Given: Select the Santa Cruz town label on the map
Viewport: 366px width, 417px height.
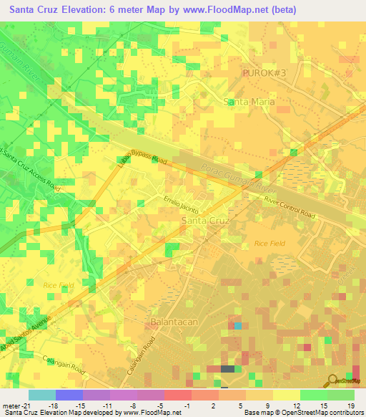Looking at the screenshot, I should [x=206, y=221].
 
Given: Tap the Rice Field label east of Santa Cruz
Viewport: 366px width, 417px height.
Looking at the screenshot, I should [x=269, y=244].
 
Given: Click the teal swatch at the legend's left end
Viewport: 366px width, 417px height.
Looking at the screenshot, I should [x=41, y=395].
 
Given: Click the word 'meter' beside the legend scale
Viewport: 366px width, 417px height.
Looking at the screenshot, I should [x=10, y=406].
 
